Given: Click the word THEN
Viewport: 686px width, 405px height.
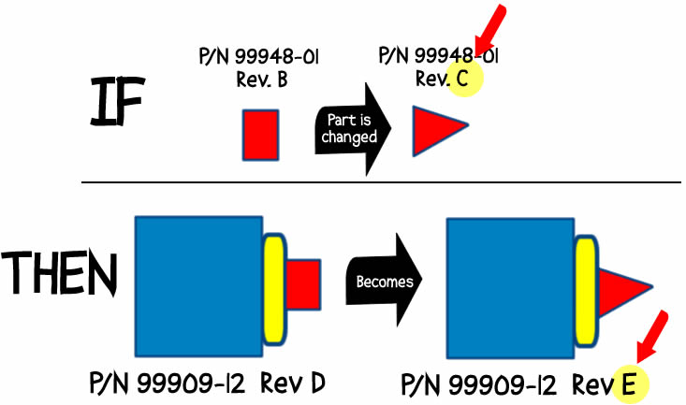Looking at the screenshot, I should (x=60, y=274).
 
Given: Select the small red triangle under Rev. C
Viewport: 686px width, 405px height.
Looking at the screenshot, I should (x=435, y=129).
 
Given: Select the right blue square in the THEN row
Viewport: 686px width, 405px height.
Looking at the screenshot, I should (x=511, y=286).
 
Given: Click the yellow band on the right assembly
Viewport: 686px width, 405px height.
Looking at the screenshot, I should (x=586, y=290).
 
